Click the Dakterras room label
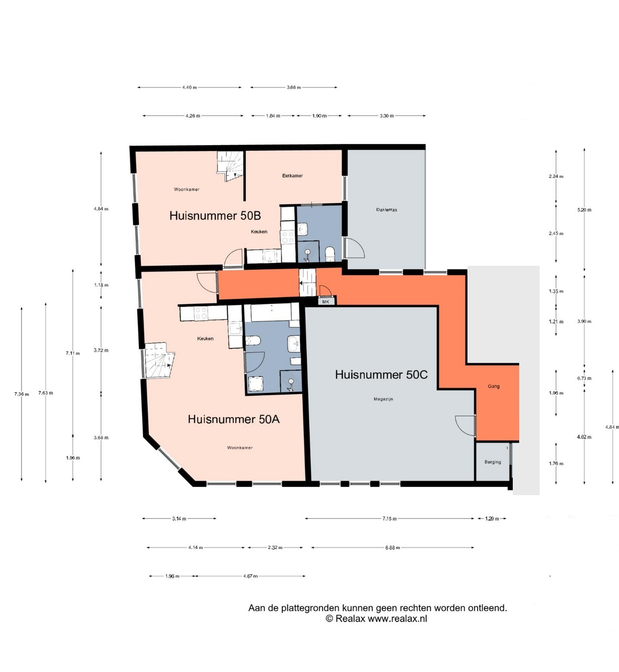click(386, 210)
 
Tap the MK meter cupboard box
click(326, 302)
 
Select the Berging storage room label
click(493, 462)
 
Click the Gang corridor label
click(494, 386)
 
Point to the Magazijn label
click(383, 399)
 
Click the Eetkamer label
click(292, 176)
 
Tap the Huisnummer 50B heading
click(215, 216)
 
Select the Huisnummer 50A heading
click(234, 419)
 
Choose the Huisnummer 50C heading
click(381, 375)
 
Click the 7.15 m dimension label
click(389, 518)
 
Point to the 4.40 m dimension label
click(189, 87)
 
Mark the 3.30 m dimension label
click(386, 116)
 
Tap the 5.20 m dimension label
click(584, 210)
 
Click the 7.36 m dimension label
click(22, 394)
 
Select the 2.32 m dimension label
click(275, 547)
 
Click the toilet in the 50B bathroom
click(330, 254)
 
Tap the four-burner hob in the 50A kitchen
click(201, 313)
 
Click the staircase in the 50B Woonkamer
click(231, 166)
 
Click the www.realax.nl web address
click(397, 618)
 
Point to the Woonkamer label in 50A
click(240, 447)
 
